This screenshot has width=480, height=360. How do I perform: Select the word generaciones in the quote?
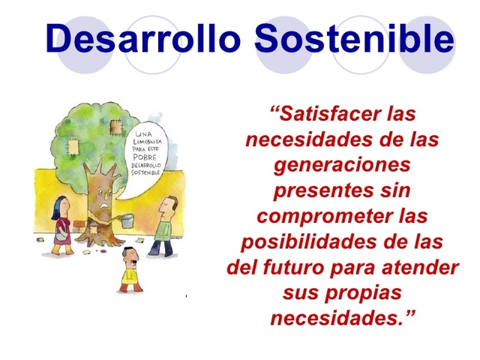pyautogui.click(x=343, y=165)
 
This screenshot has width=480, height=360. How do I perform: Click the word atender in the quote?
pyautogui.click(x=422, y=268)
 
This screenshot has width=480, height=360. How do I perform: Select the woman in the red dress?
pyautogui.click(x=61, y=225)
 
